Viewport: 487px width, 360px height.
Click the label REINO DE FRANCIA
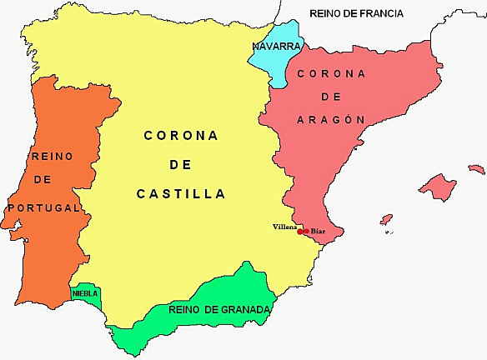click(x=356, y=13)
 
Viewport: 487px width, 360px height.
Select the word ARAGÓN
click(x=331, y=119)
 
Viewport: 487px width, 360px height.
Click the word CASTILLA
click(x=181, y=193)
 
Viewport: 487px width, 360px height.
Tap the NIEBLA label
click(x=85, y=293)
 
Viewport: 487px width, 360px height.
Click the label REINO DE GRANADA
click(x=219, y=310)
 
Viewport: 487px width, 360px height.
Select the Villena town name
click(x=284, y=227)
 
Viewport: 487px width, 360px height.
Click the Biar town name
click(x=318, y=231)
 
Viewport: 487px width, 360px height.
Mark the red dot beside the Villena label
click(x=300, y=232)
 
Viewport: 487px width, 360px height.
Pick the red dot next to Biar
click(x=307, y=231)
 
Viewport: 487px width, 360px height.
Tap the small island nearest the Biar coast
click(x=386, y=219)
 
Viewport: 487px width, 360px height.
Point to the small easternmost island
click(x=476, y=169)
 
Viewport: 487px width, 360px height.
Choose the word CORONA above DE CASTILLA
click(x=180, y=135)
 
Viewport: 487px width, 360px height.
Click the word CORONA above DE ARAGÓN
click(x=331, y=73)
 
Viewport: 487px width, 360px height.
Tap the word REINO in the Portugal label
click(x=53, y=156)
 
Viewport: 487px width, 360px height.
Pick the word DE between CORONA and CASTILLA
click(x=180, y=164)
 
